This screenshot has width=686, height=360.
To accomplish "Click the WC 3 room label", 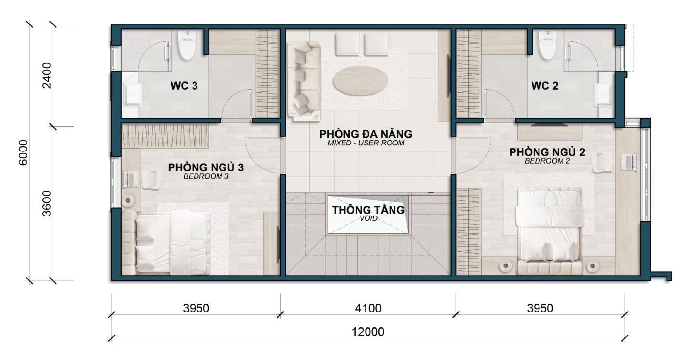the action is click(x=184, y=86).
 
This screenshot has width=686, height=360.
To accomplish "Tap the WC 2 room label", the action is click(x=544, y=86).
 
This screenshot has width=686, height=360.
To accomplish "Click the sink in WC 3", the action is click(x=132, y=96).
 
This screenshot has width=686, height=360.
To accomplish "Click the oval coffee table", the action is click(x=361, y=80).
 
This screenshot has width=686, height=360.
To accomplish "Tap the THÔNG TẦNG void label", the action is click(x=368, y=210).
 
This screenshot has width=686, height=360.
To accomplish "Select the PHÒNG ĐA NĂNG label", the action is click(x=366, y=134).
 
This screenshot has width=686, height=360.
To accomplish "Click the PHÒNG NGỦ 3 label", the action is click(x=206, y=168).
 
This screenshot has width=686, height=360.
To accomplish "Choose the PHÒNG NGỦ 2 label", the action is click(x=547, y=152).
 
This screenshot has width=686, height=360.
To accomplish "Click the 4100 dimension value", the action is click(x=368, y=308).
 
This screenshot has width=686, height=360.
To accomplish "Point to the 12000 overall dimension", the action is click(x=368, y=332).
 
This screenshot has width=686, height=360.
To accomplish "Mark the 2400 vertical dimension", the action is click(x=47, y=75).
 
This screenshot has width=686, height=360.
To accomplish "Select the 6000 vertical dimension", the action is click(x=24, y=152).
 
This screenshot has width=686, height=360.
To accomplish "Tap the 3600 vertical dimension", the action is click(x=47, y=204).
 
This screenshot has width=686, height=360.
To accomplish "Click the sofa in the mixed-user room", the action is click(x=304, y=81).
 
